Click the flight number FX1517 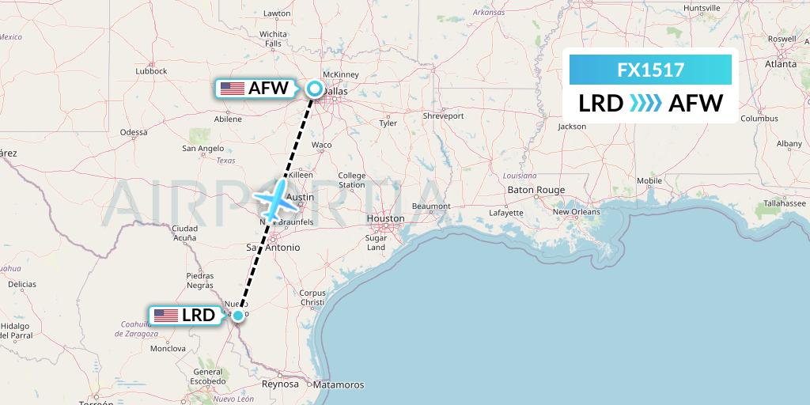[651, 70]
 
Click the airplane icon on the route [274, 200]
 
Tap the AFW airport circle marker [315, 89]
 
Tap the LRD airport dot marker [237, 316]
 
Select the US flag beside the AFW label [232, 89]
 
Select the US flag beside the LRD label [166, 316]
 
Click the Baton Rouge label [536, 190]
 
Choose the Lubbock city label [151, 70]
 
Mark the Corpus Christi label [312, 297]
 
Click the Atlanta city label [780, 65]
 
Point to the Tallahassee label [779, 203]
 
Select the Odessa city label [134, 132]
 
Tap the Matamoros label [337, 384]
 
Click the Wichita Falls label [273, 39]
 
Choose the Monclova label [167, 348]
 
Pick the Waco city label [321, 145]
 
